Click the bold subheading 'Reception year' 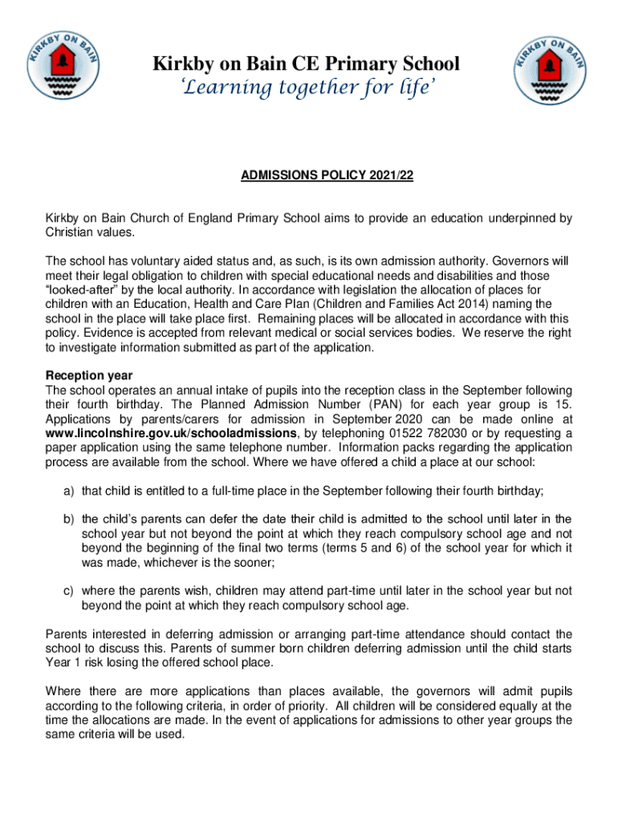coord(88,376)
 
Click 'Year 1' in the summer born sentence coord(63,663)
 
